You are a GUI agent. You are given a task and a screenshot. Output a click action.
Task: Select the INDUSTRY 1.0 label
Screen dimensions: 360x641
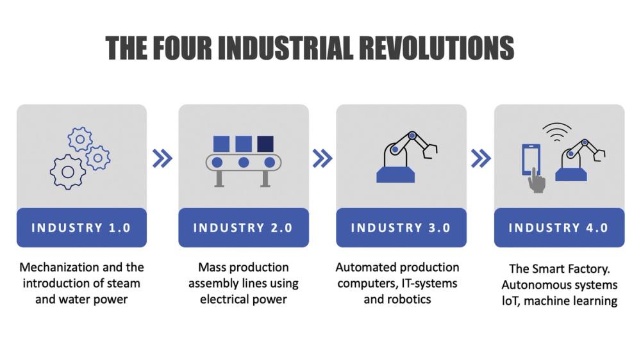tap(81, 227)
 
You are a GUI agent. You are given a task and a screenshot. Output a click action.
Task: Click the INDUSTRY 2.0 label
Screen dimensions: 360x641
tap(243, 227)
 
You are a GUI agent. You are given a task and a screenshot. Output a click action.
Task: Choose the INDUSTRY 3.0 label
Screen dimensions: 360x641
tap(401, 227)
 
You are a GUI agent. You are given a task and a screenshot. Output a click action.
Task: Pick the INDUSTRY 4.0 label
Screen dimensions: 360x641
tap(558, 227)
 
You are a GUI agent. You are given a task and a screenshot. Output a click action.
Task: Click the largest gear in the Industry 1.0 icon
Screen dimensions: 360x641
tap(68, 171)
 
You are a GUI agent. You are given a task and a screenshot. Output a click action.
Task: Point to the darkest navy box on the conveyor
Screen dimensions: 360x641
tap(265, 143)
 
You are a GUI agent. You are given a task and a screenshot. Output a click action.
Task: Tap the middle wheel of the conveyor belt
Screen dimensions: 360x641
tap(244, 162)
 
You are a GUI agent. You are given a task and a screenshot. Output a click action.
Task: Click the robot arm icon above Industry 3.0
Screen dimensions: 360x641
tap(404, 157)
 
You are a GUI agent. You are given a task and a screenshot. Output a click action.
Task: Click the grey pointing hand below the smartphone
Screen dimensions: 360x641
tap(537, 182)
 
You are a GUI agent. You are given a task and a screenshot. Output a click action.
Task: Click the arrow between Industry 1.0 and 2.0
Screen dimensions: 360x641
tap(162, 158)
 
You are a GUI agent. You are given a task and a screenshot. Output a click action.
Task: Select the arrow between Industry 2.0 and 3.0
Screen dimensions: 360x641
tap(322, 158)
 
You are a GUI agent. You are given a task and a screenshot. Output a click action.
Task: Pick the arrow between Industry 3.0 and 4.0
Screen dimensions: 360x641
tap(480, 158)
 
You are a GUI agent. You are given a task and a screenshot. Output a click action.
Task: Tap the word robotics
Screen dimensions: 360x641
tap(410, 299)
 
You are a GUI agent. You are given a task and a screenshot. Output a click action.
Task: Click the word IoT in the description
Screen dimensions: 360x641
tap(510, 300)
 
